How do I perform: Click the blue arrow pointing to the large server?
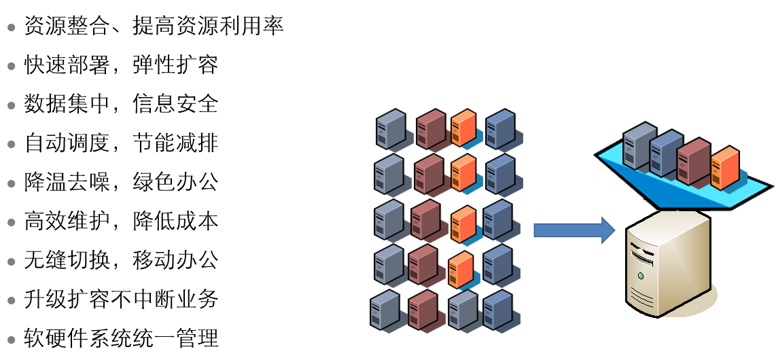coord(573,230)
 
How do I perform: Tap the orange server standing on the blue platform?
coord(724,167)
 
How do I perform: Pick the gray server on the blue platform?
coord(638,145)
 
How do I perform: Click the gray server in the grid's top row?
coord(391,129)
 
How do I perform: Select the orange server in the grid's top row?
coord(463,128)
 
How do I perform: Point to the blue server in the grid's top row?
coord(499,129)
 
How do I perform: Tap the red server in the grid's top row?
coord(431,129)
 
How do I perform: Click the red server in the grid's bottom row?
coord(423,310)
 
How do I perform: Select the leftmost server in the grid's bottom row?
coord(385,311)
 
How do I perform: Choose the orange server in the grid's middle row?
coord(463,224)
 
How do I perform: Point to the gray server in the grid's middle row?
coord(389,219)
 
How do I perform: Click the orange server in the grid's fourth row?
coord(460,270)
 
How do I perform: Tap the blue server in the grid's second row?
coord(499,174)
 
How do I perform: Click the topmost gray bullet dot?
coord(11,28)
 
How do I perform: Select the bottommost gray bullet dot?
coord(11,339)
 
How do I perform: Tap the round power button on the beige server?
coord(639,276)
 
